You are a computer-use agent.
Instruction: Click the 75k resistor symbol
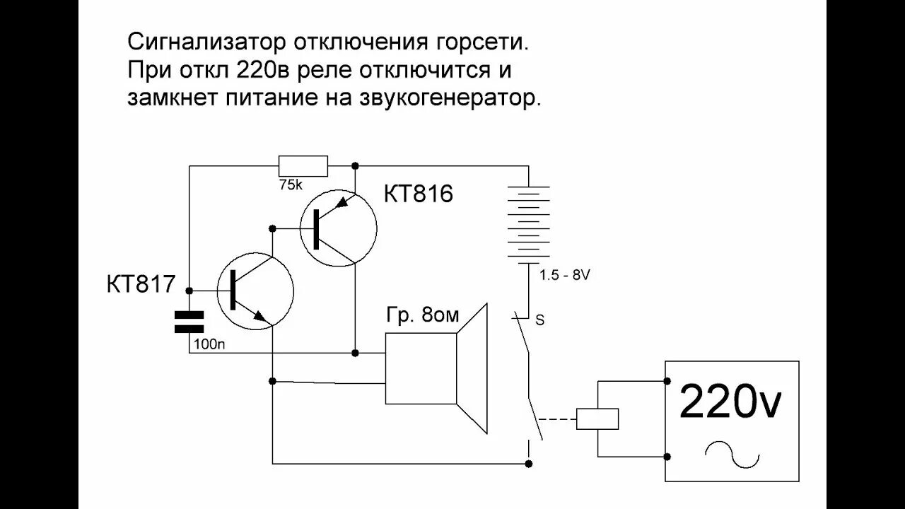303,166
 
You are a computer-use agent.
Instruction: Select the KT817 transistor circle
255,291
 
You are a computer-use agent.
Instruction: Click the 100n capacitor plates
189,321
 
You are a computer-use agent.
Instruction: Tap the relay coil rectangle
597,419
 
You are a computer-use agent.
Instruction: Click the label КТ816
418,194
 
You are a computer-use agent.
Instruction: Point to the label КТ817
141,285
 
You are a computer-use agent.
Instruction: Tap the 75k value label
291,185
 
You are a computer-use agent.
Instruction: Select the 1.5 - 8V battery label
564,274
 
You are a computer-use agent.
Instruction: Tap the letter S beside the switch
540,320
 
